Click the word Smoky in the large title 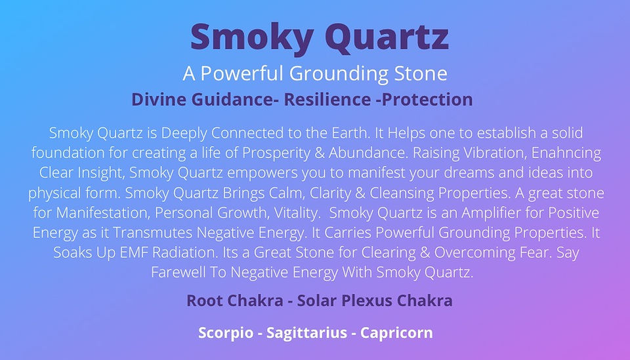coord(252,37)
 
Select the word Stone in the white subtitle coord(421,73)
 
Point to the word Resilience coord(327,100)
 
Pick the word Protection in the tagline coord(427,100)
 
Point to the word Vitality coord(297,212)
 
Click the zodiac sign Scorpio coord(226,332)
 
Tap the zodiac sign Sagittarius coord(306,332)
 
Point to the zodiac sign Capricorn coord(396,332)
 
